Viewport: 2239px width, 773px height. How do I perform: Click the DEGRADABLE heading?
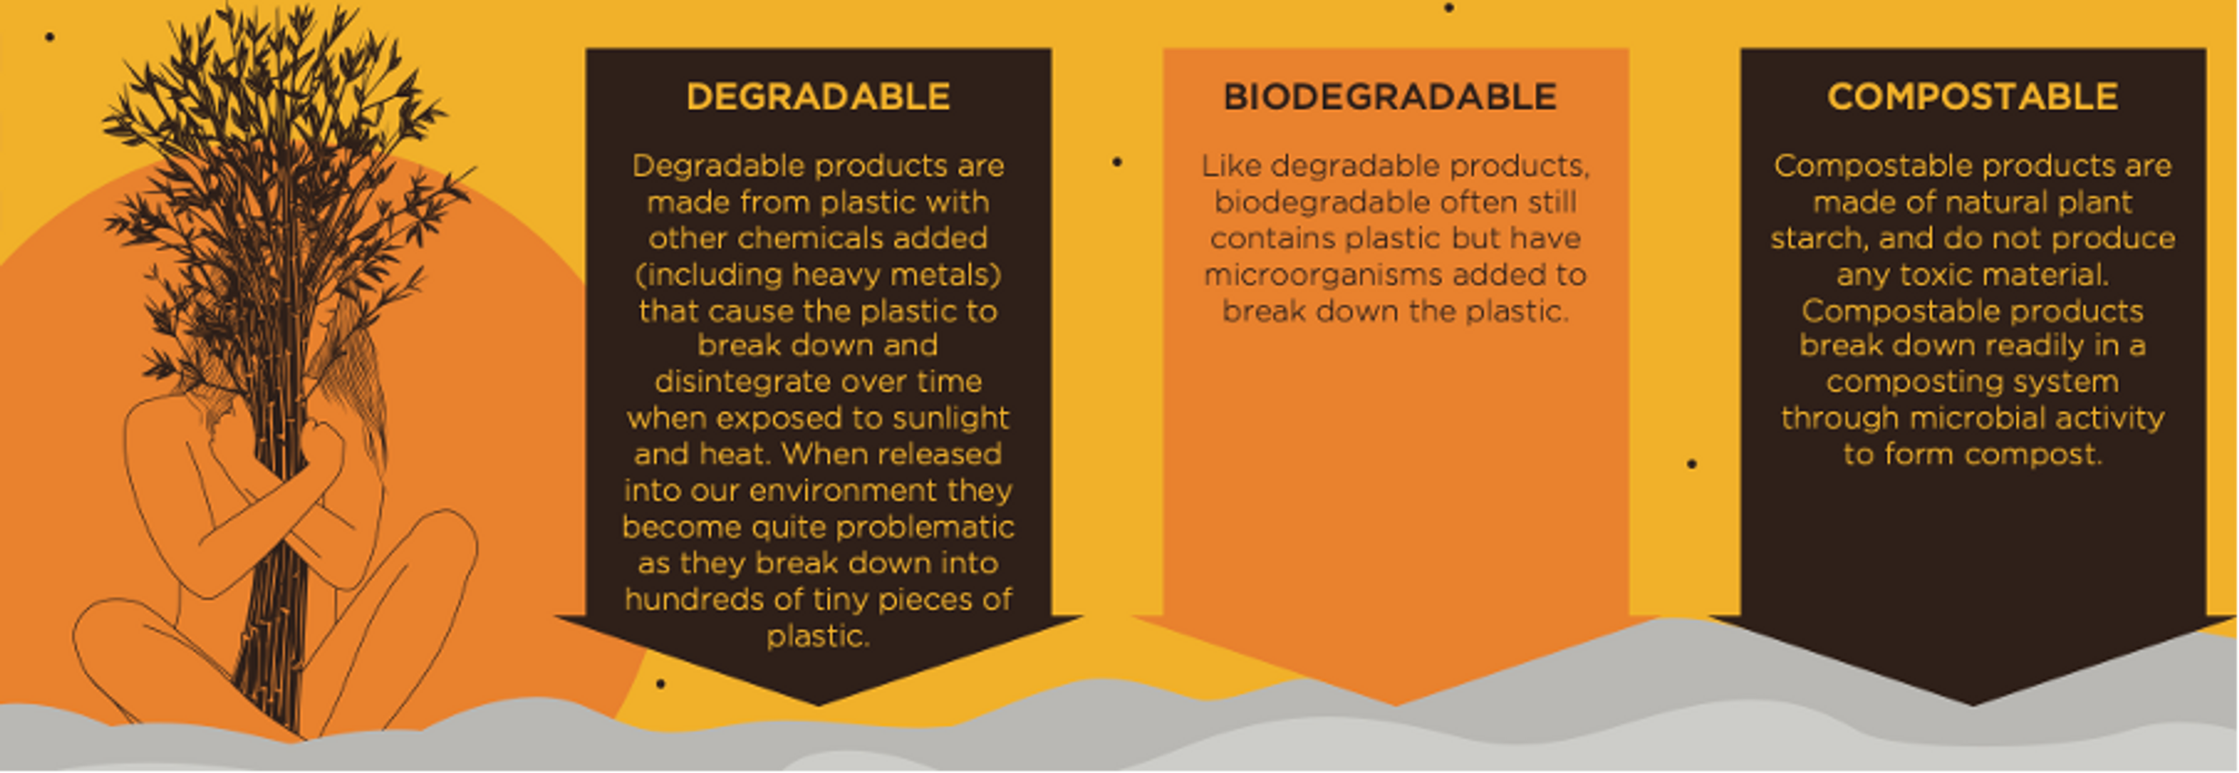818,96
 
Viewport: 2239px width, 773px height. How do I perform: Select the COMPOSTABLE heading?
1972,96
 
